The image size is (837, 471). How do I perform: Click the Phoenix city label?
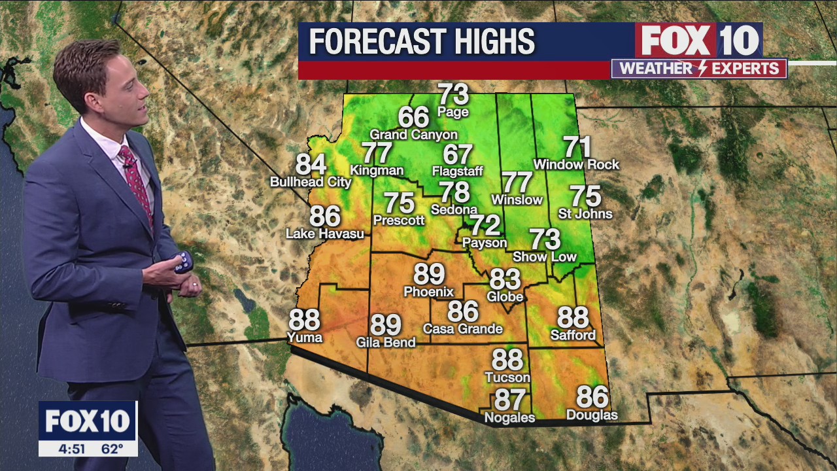428,292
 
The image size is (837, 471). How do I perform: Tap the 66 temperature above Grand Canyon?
413,117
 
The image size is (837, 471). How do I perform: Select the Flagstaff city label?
457,171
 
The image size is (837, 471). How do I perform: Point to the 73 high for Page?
453,94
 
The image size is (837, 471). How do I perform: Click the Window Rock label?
576,165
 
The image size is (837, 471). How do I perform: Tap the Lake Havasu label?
324,234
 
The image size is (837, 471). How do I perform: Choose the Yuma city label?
305,338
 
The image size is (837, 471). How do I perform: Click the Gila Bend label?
385,342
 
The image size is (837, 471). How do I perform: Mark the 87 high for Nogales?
510,398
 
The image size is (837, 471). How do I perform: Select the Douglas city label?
592,415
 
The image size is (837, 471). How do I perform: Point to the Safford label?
573,336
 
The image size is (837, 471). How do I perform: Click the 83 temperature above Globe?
505,279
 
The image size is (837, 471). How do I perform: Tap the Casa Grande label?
462,329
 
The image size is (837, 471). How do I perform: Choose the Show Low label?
544,257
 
